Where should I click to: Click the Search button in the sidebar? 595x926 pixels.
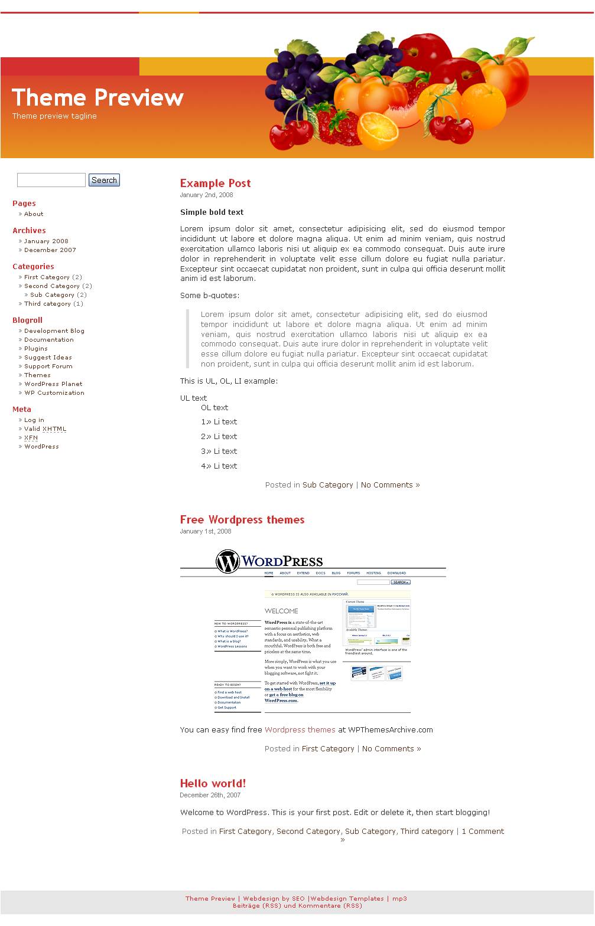(x=104, y=180)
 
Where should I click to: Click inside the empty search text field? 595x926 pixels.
(x=51, y=180)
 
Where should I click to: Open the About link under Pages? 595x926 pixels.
(x=34, y=214)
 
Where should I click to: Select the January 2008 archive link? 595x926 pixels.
(x=46, y=241)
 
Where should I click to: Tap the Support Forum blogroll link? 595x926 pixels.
(x=48, y=367)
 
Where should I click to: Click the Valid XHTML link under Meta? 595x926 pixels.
(x=45, y=429)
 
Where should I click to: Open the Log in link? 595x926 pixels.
(x=34, y=420)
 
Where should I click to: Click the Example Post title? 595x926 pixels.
(x=215, y=184)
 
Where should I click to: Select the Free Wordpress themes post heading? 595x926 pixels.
(x=242, y=520)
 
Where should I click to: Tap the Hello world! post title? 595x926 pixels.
(x=213, y=784)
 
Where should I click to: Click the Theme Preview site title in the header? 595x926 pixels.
(x=97, y=97)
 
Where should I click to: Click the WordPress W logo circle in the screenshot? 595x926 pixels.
(x=227, y=561)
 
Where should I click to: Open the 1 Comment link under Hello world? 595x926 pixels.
(x=483, y=832)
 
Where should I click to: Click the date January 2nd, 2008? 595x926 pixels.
(x=206, y=195)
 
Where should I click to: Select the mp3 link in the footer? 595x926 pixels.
(x=399, y=899)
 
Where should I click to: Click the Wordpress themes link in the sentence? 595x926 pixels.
(x=300, y=730)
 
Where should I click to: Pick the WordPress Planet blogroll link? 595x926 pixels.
(x=53, y=384)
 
